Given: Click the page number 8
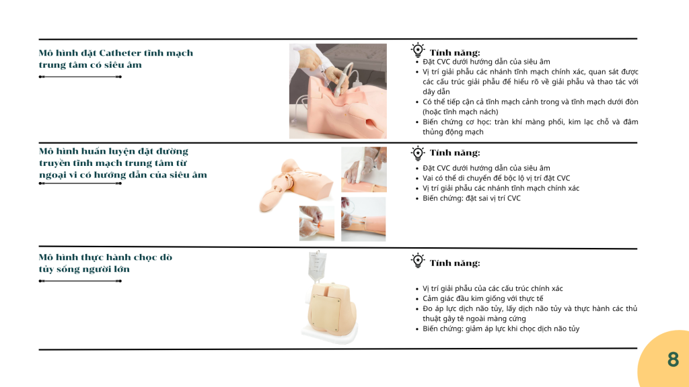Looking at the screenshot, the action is pyautogui.click(x=673, y=359).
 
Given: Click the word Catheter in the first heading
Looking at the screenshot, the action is pyautogui.click(x=120, y=53).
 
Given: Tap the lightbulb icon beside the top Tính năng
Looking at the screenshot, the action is pyautogui.click(x=417, y=50).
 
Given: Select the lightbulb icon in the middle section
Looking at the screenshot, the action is pyautogui.click(x=417, y=154).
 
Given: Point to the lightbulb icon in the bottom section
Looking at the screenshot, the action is pyautogui.click(x=417, y=260).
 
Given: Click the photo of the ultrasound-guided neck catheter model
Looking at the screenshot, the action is pyautogui.click(x=338, y=91).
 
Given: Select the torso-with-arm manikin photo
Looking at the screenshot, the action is pyautogui.click(x=296, y=184).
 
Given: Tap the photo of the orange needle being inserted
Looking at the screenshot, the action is pyautogui.click(x=317, y=223).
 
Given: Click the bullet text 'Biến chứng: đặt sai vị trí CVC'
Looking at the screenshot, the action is pyautogui.click(x=472, y=198).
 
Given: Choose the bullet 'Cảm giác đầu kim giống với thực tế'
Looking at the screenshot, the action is pyautogui.click(x=483, y=299).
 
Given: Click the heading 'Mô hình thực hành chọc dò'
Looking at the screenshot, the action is pyautogui.click(x=106, y=257).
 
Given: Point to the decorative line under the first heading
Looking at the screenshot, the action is pyautogui.click(x=80, y=77).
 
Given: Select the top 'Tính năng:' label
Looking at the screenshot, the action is pyautogui.click(x=455, y=53).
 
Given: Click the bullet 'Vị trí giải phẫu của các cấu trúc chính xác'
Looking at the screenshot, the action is pyautogui.click(x=493, y=289).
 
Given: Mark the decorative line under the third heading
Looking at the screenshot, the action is pyautogui.click(x=80, y=281).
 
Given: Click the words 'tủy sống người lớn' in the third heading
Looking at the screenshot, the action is pyautogui.click(x=84, y=269).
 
